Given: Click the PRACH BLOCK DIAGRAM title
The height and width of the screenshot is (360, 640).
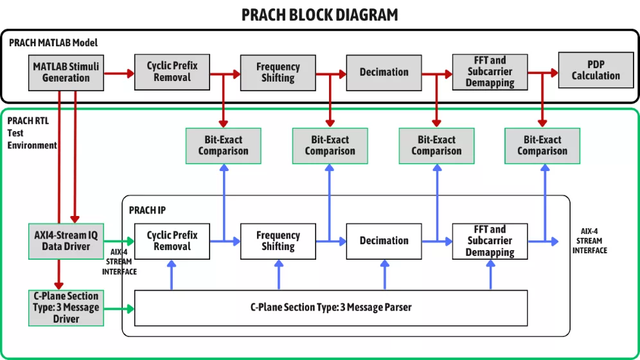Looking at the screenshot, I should (319, 14).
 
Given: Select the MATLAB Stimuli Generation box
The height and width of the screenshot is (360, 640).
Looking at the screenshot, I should (66, 72).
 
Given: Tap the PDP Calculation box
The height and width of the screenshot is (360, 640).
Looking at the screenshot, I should (596, 70).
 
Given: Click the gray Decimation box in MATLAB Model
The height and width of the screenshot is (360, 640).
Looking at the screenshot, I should (384, 72).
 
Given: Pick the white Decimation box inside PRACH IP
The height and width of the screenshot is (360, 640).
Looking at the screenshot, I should (384, 241).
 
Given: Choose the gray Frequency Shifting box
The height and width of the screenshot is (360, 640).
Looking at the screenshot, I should (278, 72).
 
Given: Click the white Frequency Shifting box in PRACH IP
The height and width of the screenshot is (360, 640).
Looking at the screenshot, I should (278, 241).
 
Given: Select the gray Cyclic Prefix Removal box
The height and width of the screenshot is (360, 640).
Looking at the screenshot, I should (172, 71).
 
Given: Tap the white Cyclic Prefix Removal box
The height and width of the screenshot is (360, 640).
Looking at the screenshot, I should (172, 241).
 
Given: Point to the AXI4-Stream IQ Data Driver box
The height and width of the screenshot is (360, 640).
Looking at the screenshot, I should (66, 241).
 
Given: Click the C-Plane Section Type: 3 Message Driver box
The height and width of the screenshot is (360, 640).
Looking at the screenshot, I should (66, 308).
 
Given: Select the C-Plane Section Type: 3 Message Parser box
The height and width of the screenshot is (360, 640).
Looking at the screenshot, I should (331, 308).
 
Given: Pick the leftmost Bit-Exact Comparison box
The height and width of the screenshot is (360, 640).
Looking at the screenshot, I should (223, 146).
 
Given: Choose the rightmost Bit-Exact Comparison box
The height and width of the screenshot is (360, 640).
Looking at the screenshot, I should (542, 146).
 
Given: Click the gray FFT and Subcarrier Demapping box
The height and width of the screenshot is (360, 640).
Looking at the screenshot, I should (490, 71).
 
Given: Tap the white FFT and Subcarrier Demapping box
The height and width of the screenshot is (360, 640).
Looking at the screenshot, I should (490, 241).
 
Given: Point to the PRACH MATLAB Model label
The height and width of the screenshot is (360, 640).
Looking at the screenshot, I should (53, 43).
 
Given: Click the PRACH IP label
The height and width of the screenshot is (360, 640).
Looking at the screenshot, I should (147, 210).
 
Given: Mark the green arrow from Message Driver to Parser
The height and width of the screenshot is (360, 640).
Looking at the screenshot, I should (119, 309).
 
